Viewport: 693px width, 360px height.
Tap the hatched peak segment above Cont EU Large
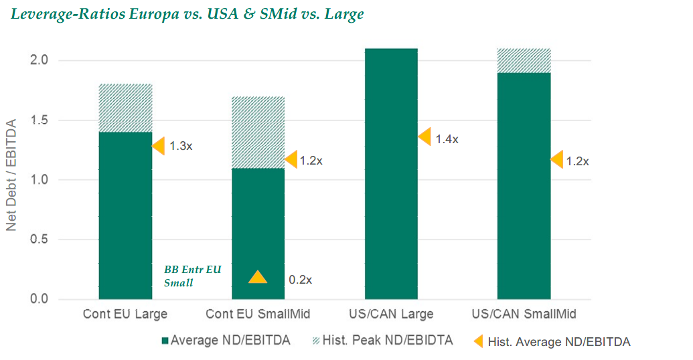[125, 108]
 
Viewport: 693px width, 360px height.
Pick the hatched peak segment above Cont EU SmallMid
[258, 132]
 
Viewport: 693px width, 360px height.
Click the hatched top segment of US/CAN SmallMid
[524, 61]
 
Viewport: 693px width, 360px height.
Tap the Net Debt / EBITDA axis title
[11, 175]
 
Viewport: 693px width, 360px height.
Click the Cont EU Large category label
[125, 314]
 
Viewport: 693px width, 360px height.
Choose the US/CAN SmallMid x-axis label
[524, 314]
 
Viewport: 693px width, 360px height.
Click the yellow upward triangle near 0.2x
[258, 277]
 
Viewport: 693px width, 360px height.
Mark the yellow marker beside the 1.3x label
[159, 145]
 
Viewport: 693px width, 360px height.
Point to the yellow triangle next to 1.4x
[424, 137]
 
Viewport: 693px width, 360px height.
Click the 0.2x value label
[299, 280]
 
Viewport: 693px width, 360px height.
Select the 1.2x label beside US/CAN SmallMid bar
[578, 161]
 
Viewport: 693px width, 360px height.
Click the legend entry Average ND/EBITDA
[226, 341]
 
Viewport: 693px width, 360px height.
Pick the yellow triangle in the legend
[479, 341]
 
